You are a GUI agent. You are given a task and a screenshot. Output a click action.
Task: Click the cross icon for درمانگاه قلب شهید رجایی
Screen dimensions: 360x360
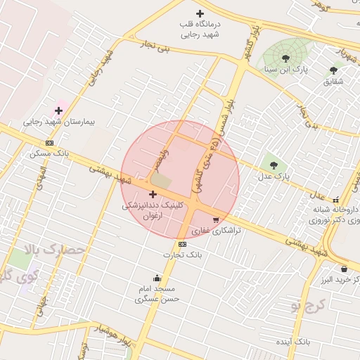click(200, 13)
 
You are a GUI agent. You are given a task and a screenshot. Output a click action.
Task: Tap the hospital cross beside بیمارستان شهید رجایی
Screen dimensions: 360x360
click(58, 110)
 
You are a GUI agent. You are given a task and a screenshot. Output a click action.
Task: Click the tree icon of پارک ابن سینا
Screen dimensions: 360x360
click(285, 58)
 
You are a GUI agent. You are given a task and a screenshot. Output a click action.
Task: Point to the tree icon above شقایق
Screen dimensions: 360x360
click(333, 70)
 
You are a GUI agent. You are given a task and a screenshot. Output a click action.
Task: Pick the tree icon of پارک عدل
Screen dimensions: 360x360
click(274, 165)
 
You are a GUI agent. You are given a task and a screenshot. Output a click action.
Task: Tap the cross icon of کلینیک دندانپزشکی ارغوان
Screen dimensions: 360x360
click(153, 194)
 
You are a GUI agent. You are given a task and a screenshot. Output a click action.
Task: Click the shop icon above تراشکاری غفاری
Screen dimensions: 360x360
click(225, 219)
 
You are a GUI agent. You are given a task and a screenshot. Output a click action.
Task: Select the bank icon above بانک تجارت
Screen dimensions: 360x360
click(183, 244)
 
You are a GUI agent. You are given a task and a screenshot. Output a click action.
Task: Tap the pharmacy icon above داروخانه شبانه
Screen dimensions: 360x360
click(336, 200)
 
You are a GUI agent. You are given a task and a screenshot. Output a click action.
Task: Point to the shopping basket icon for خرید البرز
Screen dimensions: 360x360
click(344, 269)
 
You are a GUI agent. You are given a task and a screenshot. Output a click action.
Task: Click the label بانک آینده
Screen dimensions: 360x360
click(292, 341)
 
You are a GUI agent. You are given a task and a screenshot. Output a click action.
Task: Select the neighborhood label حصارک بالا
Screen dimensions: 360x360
click(53, 249)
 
